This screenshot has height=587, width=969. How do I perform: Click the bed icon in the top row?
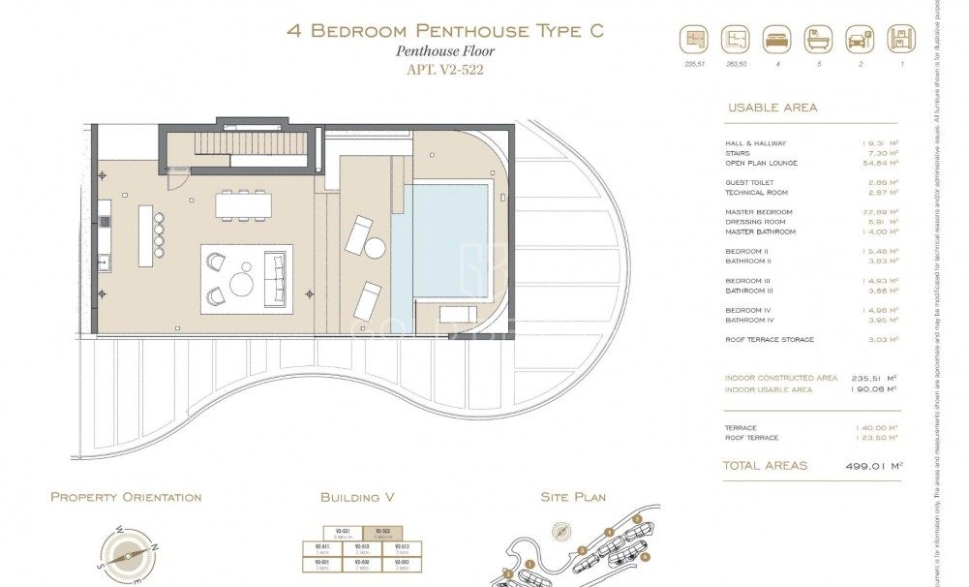click(775, 41)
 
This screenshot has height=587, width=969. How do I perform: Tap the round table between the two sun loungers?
click(376, 248)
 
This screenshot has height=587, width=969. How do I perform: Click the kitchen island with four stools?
click(148, 233)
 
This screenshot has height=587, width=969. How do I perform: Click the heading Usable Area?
click(772, 108)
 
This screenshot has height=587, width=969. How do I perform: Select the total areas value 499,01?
click(874, 466)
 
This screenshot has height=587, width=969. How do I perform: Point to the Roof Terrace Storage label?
click(770, 340)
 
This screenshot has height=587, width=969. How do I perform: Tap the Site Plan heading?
click(573, 497)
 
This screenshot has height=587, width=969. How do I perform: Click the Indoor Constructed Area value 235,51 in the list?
click(877, 378)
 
